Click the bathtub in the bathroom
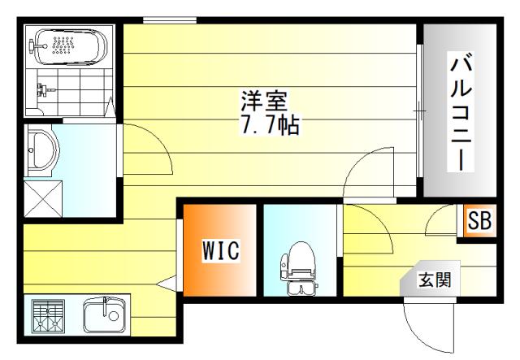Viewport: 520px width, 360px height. coord(71,47)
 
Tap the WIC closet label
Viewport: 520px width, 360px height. coord(221,250)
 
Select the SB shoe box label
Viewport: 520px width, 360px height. coord(479,220)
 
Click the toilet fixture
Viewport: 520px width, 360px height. coord(298,269)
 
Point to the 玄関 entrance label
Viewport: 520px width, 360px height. coord(435,280)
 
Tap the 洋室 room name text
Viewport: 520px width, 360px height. coord(263,101)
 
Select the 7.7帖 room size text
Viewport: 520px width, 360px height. coord(270,124)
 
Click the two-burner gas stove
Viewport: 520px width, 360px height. coord(48,316)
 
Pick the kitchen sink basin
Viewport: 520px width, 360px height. coord(105,314)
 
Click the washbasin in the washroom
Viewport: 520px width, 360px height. coord(42,150)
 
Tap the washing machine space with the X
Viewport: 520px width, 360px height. coord(43,199)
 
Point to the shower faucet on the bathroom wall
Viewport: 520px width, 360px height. coord(43,89)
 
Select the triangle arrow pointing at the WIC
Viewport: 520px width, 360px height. coord(167,284)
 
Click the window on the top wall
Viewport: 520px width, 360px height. coord(170,20)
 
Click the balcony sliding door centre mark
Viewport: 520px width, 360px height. coord(419,111)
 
